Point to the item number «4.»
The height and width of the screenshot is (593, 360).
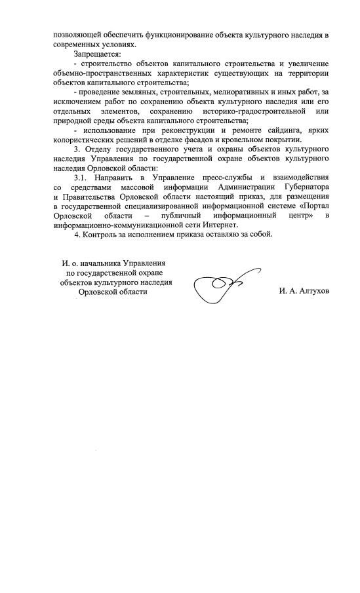coord(77,235)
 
